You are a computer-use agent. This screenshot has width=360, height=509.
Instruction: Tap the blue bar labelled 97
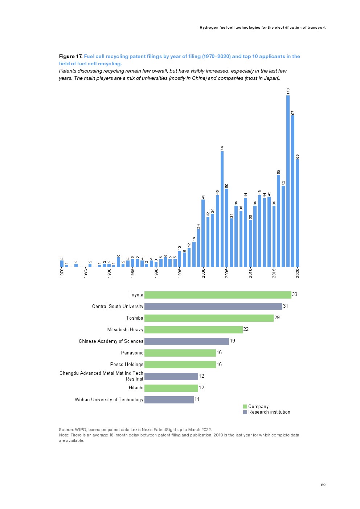(292, 191)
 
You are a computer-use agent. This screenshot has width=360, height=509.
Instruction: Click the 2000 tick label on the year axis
(204, 273)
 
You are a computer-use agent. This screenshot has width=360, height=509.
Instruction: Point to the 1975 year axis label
(86, 273)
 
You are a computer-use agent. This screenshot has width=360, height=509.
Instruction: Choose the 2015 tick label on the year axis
(274, 273)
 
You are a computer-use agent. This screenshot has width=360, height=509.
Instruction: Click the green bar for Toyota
(218, 295)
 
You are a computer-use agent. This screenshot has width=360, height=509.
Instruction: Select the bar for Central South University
(213, 307)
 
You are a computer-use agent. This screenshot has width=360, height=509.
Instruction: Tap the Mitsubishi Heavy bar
(193, 330)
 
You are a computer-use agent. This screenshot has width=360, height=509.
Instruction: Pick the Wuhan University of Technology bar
(169, 400)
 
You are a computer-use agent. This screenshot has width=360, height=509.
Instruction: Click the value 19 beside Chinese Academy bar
(233, 341)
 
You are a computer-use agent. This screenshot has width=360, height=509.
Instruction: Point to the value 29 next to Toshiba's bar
(277, 318)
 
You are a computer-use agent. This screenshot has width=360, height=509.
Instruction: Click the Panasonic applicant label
(132, 353)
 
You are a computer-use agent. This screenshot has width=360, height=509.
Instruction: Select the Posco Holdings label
(127, 365)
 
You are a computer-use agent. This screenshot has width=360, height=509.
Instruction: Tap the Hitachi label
(136, 388)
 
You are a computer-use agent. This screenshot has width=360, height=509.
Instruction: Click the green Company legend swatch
(245, 407)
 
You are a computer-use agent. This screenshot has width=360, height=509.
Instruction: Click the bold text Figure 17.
(71, 57)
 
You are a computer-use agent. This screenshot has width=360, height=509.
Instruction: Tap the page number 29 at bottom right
(323, 485)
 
